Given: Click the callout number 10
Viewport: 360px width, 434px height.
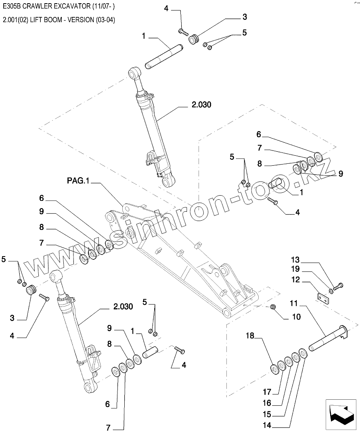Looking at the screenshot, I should pos(296,317).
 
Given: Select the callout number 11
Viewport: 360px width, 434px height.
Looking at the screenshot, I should pos(293,303).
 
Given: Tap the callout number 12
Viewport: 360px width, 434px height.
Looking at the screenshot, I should pos(295,279).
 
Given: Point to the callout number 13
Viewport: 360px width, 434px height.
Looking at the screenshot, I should pos(295,259).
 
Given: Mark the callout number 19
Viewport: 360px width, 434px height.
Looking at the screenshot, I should pos(295,269).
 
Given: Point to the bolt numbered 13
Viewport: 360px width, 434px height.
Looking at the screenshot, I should pos(338,286).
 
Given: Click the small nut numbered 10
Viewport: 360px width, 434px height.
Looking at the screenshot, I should pos(273,307).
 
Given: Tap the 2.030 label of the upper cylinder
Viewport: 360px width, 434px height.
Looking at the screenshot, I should pos(201,105).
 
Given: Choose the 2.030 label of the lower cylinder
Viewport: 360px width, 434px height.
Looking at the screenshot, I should pos(123,307).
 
